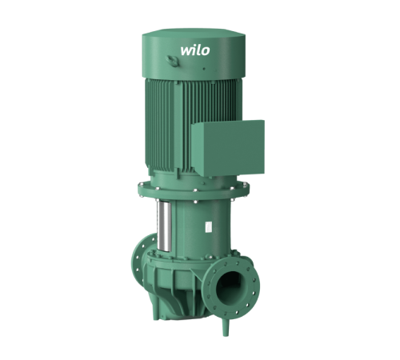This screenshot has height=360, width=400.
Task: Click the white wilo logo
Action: (x=195, y=50)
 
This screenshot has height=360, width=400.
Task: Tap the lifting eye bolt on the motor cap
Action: (x=170, y=61)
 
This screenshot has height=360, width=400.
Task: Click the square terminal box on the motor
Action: (x=228, y=148)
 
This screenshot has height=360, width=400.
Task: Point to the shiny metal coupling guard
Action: (x=164, y=226)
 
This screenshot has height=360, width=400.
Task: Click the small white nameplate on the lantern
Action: (x=209, y=226)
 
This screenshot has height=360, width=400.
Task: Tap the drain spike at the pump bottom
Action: (x=226, y=326)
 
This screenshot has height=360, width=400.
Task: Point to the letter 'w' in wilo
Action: (x=186, y=51)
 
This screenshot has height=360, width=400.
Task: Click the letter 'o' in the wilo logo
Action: (x=205, y=51)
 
